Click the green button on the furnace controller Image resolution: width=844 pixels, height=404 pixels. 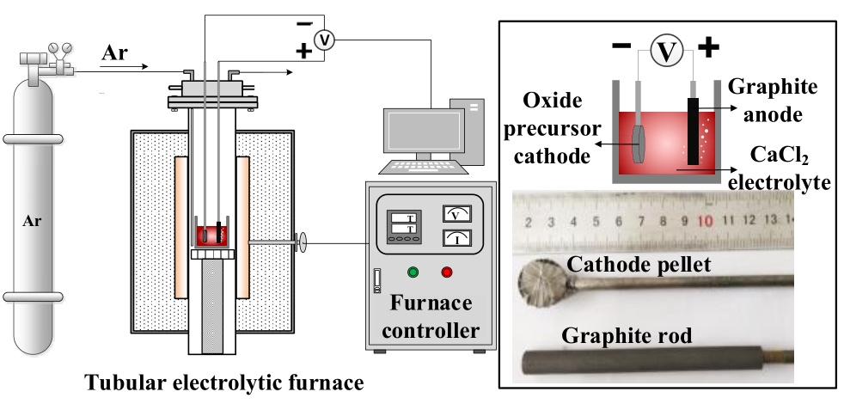click(413, 273)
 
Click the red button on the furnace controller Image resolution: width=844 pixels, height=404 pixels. click(446, 273)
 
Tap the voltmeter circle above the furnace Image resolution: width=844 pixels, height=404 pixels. click(322, 41)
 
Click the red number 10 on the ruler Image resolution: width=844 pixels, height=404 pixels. click(705, 221)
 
